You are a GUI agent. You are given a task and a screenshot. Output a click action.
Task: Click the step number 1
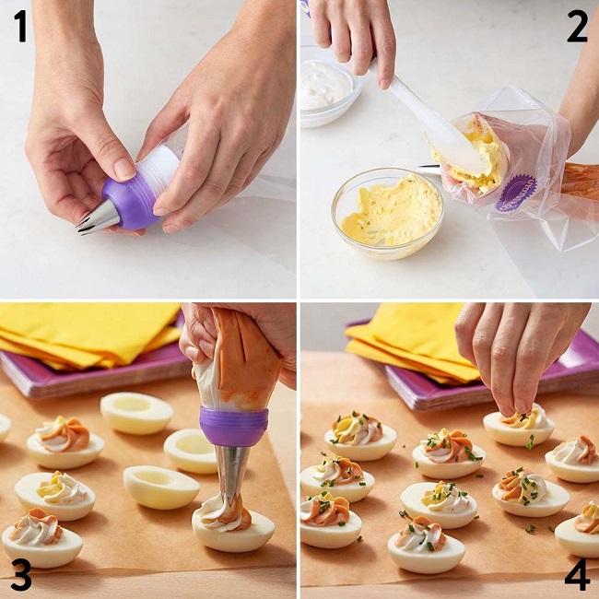coord(21,26)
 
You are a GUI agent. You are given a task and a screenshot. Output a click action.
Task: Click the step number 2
coord(577,26)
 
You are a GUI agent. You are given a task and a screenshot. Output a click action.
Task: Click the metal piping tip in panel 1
coord(99,218)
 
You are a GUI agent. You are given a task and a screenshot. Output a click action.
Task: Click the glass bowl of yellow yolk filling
coord(388,213)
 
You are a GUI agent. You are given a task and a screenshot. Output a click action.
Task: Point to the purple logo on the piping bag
coord(516,193)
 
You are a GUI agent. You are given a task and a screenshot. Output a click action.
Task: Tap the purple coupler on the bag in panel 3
coord(233,426)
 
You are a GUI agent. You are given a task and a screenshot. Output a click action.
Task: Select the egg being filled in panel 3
coord(232,529)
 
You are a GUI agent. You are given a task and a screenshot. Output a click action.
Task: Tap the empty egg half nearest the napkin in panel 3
coord(136,413)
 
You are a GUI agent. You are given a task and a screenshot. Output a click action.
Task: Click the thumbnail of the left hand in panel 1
coord(124,169)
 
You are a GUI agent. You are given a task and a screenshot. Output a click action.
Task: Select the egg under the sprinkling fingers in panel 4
coord(519,426)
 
